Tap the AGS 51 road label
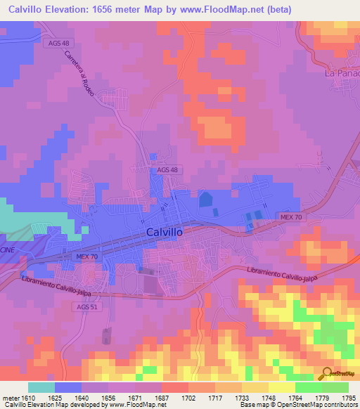click(83, 306)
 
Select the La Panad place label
click(342, 72)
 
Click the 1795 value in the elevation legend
click(349, 398)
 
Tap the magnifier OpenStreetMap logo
click(328, 374)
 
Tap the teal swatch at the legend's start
click(41, 387)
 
